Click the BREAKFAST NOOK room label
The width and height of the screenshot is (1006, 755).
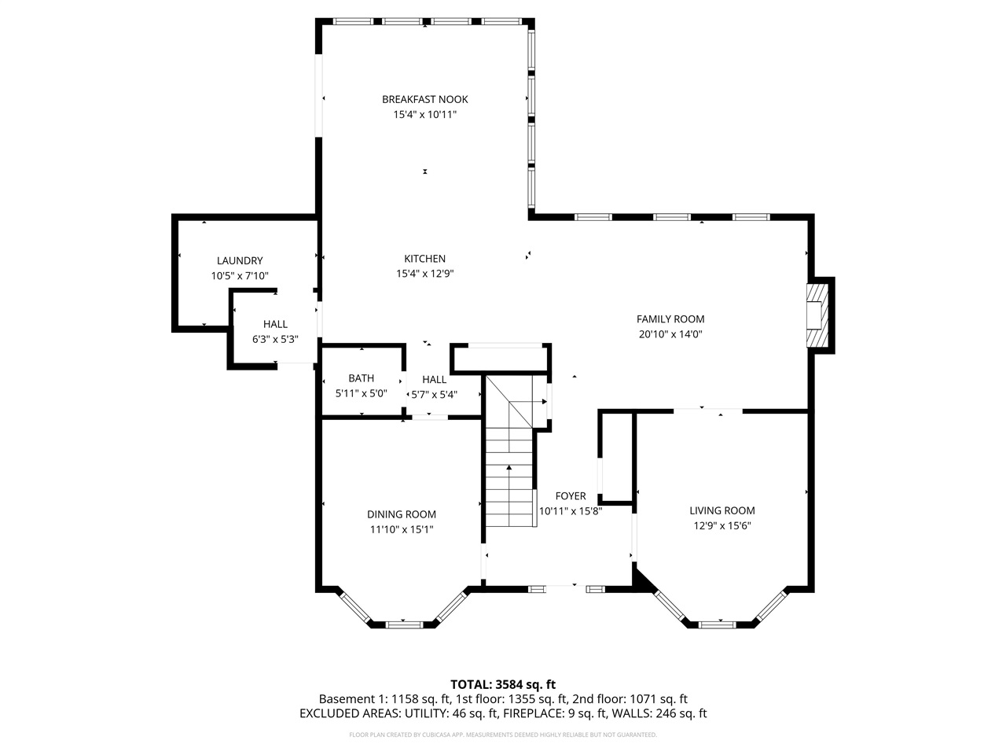click(424, 99)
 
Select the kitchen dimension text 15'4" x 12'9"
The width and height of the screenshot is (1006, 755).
click(424, 274)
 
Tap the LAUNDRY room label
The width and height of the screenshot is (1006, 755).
click(240, 260)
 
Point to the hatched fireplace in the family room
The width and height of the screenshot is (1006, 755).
click(818, 315)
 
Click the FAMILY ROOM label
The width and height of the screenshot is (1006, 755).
click(670, 319)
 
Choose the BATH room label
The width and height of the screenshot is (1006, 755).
click(361, 378)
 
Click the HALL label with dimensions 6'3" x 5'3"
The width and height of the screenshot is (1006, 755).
click(275, 324)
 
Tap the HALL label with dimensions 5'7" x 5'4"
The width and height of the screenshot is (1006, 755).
click(434, 380)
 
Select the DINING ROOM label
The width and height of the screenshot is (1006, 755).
click(402, 514)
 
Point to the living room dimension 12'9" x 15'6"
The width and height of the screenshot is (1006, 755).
click(721, 526)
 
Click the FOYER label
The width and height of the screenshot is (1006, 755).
click(570, 495)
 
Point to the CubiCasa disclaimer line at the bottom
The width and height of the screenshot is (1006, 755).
click(502, 735)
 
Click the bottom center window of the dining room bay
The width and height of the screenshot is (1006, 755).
click(403, 624)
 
